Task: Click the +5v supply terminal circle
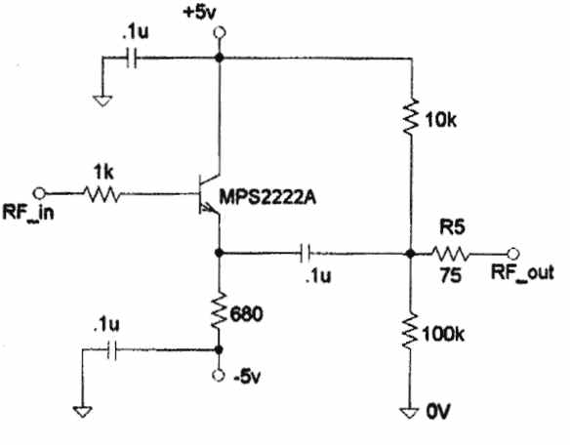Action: click(x=219, y=33)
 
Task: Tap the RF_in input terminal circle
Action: click(x=39, y=193)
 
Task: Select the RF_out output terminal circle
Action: click(x=513, y=254)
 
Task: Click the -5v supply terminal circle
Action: click(x=219, y=375)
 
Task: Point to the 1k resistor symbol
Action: click(x=102, y=194)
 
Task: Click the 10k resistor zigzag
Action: click(x=411, y=116)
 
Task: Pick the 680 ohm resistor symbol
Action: click(x=219, y=311)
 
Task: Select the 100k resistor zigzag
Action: click(x=410, y=332)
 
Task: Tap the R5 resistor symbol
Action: click(x=451, y=254)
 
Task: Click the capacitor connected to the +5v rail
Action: click(x=132, y=58)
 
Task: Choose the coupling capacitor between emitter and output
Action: click(x=305, y=253)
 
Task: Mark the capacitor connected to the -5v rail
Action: click(x=112, y=350)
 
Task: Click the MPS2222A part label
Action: click(x=267, y=198)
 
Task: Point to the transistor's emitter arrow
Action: click(x=208, y=208)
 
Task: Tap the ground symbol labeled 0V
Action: click(x=410, y=413)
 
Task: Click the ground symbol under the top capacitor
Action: click(x=102, y=101)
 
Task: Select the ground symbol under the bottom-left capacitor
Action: click(x=83, y=412)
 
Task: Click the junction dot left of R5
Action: click(x=410, y=254)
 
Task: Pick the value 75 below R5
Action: click(x=451, y=275)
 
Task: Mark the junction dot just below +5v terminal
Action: click(x=219, y=58)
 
